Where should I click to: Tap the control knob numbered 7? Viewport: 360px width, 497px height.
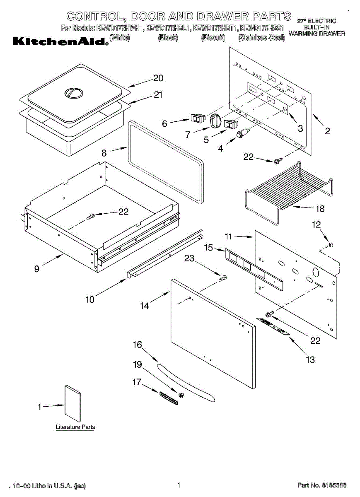[x=216, y=121]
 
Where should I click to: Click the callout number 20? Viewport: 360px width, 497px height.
[x=158, y=78]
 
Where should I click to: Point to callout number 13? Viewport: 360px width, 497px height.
[x=310, y=359]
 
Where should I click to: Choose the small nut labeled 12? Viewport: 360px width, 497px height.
[x=330, y=246]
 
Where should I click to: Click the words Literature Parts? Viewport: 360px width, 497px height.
[x=75, y=427]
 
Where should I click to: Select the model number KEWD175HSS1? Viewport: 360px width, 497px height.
[x=261, y=29]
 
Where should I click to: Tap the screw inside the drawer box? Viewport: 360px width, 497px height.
[x=91, y=215]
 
